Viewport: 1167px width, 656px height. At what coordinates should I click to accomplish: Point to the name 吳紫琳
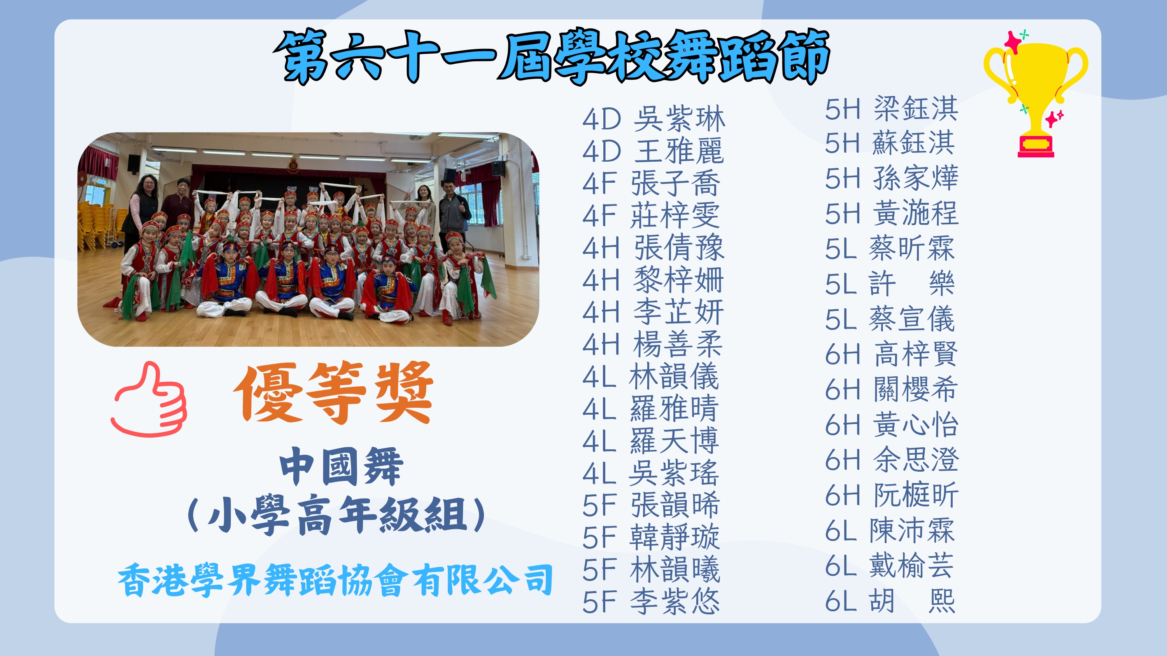pos(679,119)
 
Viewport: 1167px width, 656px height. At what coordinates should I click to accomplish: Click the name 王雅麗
pos(679,151)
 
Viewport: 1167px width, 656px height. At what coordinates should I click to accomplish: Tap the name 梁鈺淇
pos(916,109)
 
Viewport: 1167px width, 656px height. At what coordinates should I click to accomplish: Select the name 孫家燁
pos(916,178)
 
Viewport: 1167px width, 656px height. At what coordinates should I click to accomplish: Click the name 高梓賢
pos(916,354)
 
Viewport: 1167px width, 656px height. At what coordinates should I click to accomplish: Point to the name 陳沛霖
pos(912,530)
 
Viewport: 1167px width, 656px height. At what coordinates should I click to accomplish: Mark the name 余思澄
pos(916,459)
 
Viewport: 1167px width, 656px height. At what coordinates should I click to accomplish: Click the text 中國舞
pos(341,466)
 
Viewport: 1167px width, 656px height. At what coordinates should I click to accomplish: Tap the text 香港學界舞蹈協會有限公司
pos(335,580)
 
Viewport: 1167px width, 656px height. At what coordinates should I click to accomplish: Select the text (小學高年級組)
pos(336,515)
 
